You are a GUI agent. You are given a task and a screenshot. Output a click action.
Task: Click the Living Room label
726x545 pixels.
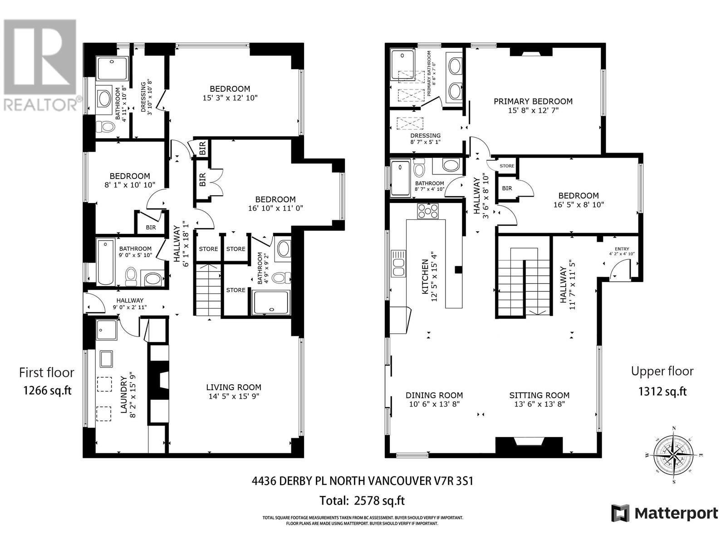tap(233, 387)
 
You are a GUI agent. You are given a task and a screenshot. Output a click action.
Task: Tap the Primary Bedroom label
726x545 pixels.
tap(533, 101)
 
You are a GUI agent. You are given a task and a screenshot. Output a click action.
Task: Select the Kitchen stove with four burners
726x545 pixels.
tap(428, 211)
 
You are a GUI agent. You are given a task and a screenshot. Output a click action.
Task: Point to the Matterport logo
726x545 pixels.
tap(664, 513)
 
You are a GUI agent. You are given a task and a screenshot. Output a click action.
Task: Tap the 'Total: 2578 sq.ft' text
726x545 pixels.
tap(362, 500)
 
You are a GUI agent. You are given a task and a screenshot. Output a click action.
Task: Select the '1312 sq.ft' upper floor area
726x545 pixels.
tap(662, 391)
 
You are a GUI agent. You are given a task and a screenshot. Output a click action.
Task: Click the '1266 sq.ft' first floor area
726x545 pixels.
tap(47, 390)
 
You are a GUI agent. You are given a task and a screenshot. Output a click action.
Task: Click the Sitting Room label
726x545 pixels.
tap(539, 395)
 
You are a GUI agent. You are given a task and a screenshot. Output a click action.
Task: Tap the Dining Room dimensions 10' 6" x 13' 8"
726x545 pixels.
tap(434, 404)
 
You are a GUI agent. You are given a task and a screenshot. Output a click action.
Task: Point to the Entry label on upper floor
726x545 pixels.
tap(622, 248)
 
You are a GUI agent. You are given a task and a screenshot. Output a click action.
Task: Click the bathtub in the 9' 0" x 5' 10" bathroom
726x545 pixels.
tap(105, 263)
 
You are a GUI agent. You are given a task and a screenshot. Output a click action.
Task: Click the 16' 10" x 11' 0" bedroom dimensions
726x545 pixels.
tap(275, 208)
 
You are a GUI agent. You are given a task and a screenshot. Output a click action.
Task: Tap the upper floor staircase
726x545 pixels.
tap(523, 282)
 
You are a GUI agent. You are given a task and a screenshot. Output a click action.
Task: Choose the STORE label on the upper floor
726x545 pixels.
tap(507, 166)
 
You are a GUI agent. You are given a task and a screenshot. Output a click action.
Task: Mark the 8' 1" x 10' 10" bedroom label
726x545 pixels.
tap(129, 176)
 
